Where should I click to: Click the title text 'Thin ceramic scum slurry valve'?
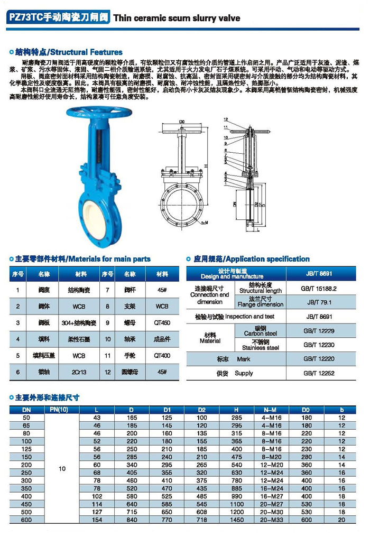(177, 18)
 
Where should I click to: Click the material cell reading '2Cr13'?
(80, 372)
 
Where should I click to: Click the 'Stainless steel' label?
(261, 348)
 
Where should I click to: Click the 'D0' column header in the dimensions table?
(307, 409)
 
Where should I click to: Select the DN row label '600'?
(26, 519)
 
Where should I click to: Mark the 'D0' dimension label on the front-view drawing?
(182, 122)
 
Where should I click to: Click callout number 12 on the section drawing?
(225, 120)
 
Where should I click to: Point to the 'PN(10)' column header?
(62, 409)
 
